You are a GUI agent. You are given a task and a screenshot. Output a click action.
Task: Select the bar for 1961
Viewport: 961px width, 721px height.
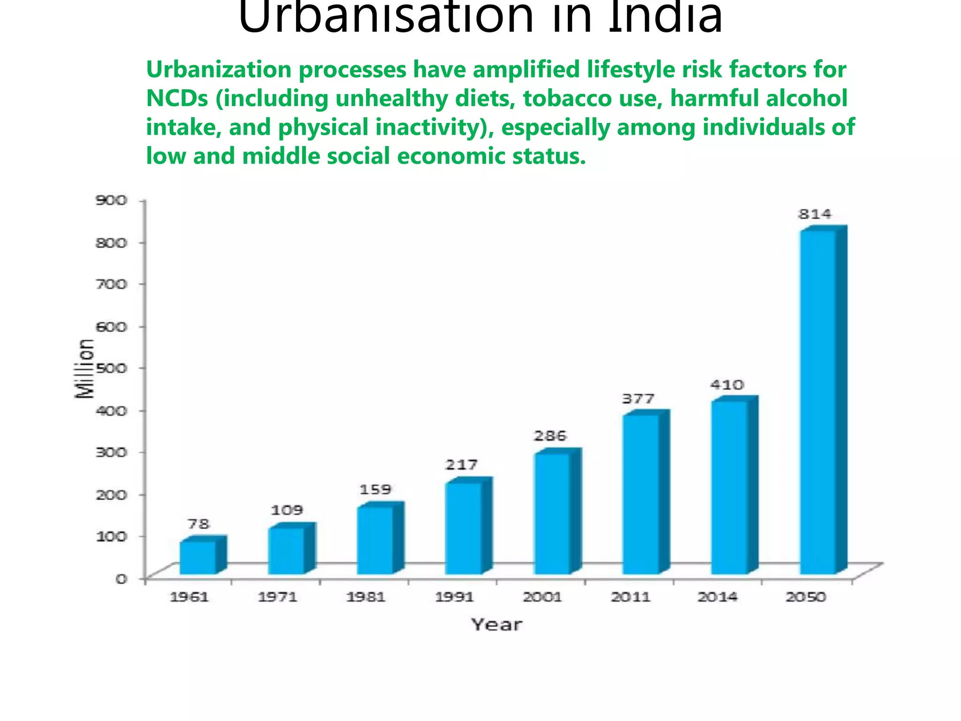pos(198,557)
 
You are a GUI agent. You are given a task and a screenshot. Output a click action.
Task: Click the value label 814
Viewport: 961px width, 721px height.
pos(815,215)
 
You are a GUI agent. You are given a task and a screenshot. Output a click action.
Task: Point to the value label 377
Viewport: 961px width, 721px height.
pos(638,399)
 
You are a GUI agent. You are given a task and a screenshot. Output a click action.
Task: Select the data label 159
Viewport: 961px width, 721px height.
pos(375,490)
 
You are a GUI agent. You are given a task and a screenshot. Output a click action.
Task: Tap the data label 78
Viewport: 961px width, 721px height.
pos(198,524)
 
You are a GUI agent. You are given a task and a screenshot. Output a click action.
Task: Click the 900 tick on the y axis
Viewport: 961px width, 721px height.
pos(112,200)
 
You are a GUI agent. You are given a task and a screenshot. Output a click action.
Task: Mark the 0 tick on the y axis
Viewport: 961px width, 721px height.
pos(122,579)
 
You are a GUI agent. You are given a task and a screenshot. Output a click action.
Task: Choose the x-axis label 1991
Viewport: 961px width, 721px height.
pos(454,597)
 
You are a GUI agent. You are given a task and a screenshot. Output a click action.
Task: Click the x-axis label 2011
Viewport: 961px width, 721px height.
pos(631,597)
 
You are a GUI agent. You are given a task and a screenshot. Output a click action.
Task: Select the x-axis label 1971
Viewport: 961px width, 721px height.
pos(278,597)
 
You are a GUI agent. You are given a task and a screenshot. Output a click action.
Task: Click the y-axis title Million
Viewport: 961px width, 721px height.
pos(84,369)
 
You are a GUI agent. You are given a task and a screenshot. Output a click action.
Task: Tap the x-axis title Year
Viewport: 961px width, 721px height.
pos(496,625)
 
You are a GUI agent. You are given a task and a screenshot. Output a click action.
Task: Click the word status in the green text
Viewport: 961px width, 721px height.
pos(549,156)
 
